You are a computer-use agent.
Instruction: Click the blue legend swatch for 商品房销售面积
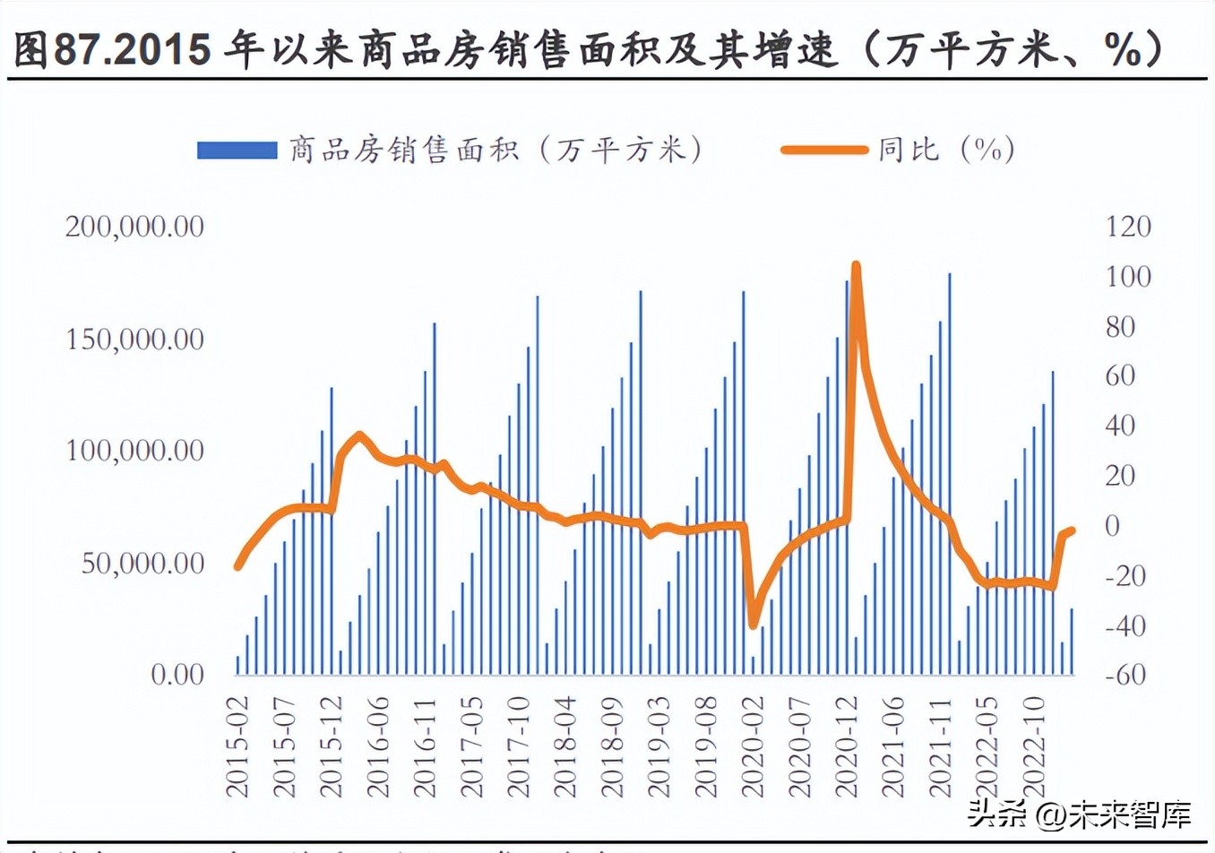(x=237, y=150)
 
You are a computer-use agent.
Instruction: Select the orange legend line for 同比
(x=823, y=150)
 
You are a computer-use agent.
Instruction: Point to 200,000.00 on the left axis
(x=134, y=227)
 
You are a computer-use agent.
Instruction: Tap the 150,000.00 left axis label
(x=134, y=340)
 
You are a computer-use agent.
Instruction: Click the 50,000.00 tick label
(x=142, y=564)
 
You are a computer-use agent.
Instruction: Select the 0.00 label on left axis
(x=177, y=675)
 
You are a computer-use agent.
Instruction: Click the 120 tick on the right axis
(x=1128, y=227)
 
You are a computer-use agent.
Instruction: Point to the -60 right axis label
(x=1125, y=675)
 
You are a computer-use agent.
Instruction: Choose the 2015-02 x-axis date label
(x=238, y=748)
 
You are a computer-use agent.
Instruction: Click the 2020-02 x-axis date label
(x=754, y=748)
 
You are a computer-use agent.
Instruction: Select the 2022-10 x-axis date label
(x=1034, y=748)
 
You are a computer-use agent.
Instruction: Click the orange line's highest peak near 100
(x=856, y=266)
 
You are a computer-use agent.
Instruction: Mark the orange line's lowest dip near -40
(x=753, y=624)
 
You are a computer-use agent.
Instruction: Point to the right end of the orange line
(x=1072, y=530)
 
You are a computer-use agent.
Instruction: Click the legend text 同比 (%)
(x=945, y=150)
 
